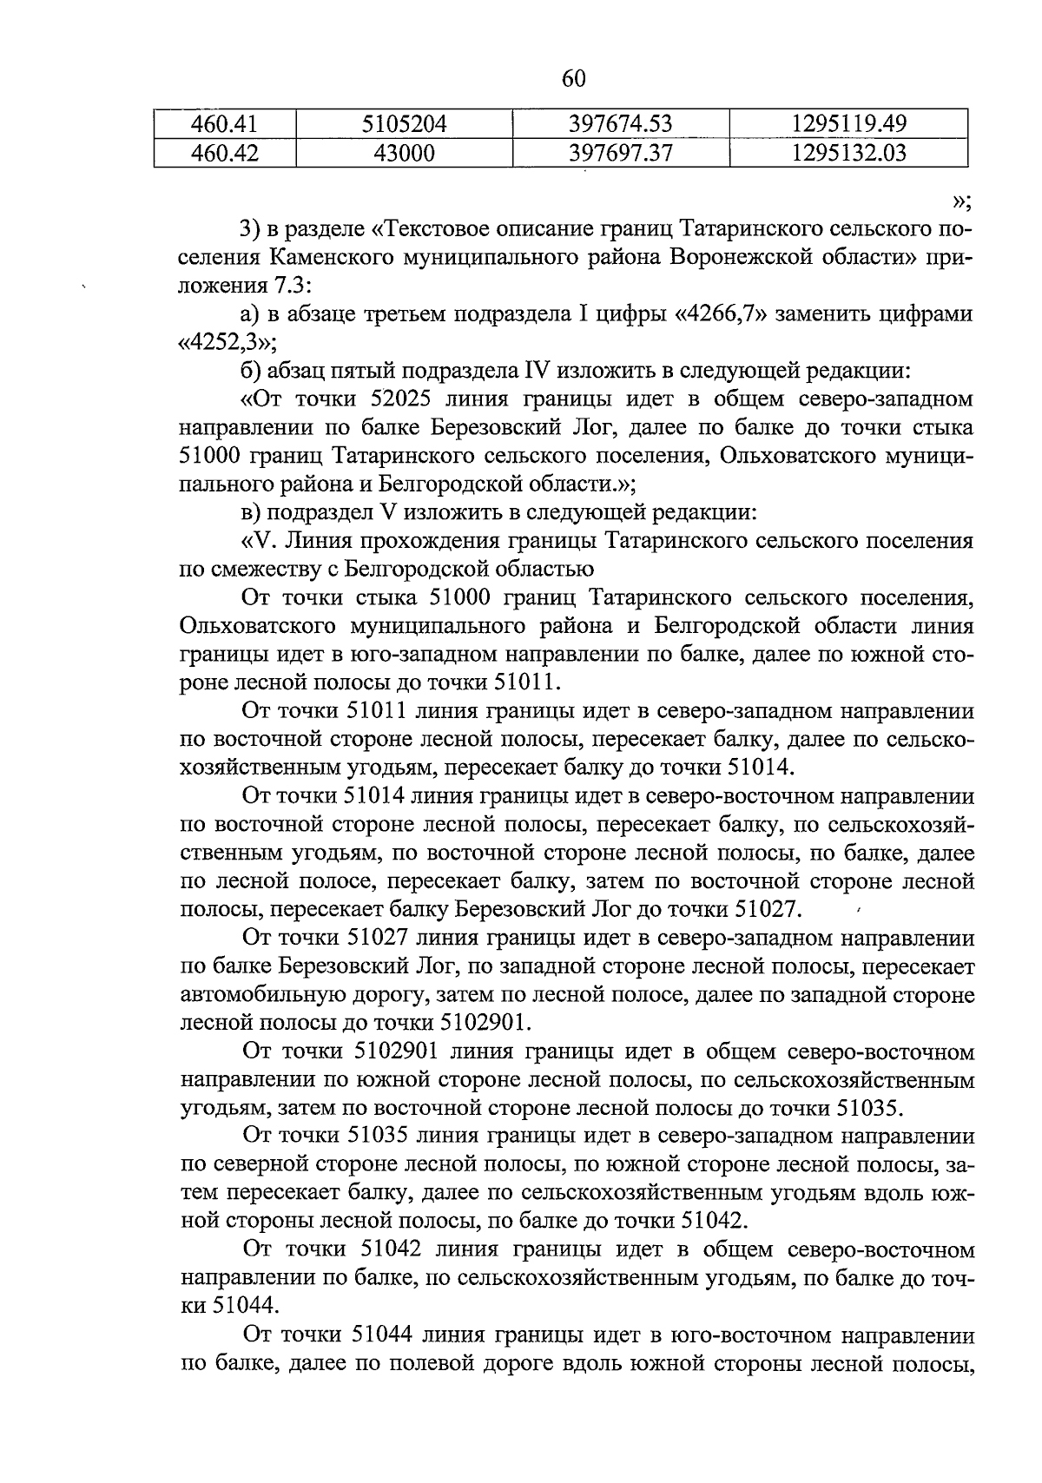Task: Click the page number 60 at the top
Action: (574, 79)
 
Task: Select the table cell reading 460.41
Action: (225, 124)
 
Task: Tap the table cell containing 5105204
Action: (404, 124)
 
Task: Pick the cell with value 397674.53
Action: (620, 124)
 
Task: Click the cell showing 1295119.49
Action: (848, 124)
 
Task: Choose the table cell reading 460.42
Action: (225, 154)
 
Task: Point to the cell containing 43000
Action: (404, 154)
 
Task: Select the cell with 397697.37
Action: (620, 154)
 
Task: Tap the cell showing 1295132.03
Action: (848, 154)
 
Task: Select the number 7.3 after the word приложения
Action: (292, 286)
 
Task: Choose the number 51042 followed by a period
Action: (710, 1221)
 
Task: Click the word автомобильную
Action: (249, 994)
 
